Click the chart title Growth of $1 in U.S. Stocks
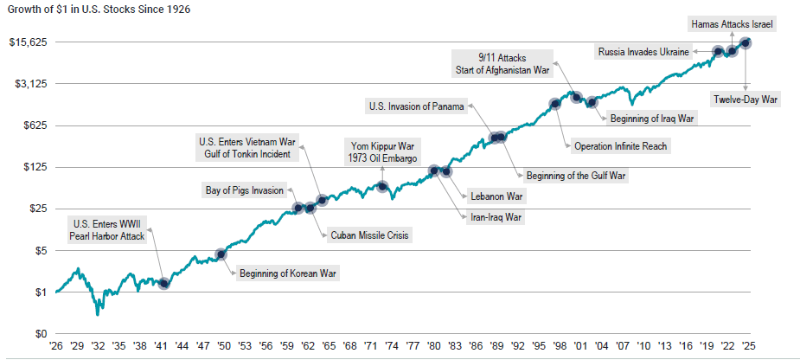coord(97,10)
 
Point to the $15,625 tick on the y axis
coord(29,42)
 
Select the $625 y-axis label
coord(34,125)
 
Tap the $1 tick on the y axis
coord(40,292)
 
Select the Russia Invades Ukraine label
coord(643,52)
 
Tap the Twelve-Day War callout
coord(746,100)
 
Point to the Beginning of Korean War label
coord(287,273)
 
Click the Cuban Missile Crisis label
coord(370,234)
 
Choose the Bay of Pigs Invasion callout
coord(244,190)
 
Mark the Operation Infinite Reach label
coord(620,146)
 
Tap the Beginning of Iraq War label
coord(652,118)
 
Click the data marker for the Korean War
coord(221,254)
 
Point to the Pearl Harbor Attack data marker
coord(164,284)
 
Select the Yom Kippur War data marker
coord(382,186)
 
